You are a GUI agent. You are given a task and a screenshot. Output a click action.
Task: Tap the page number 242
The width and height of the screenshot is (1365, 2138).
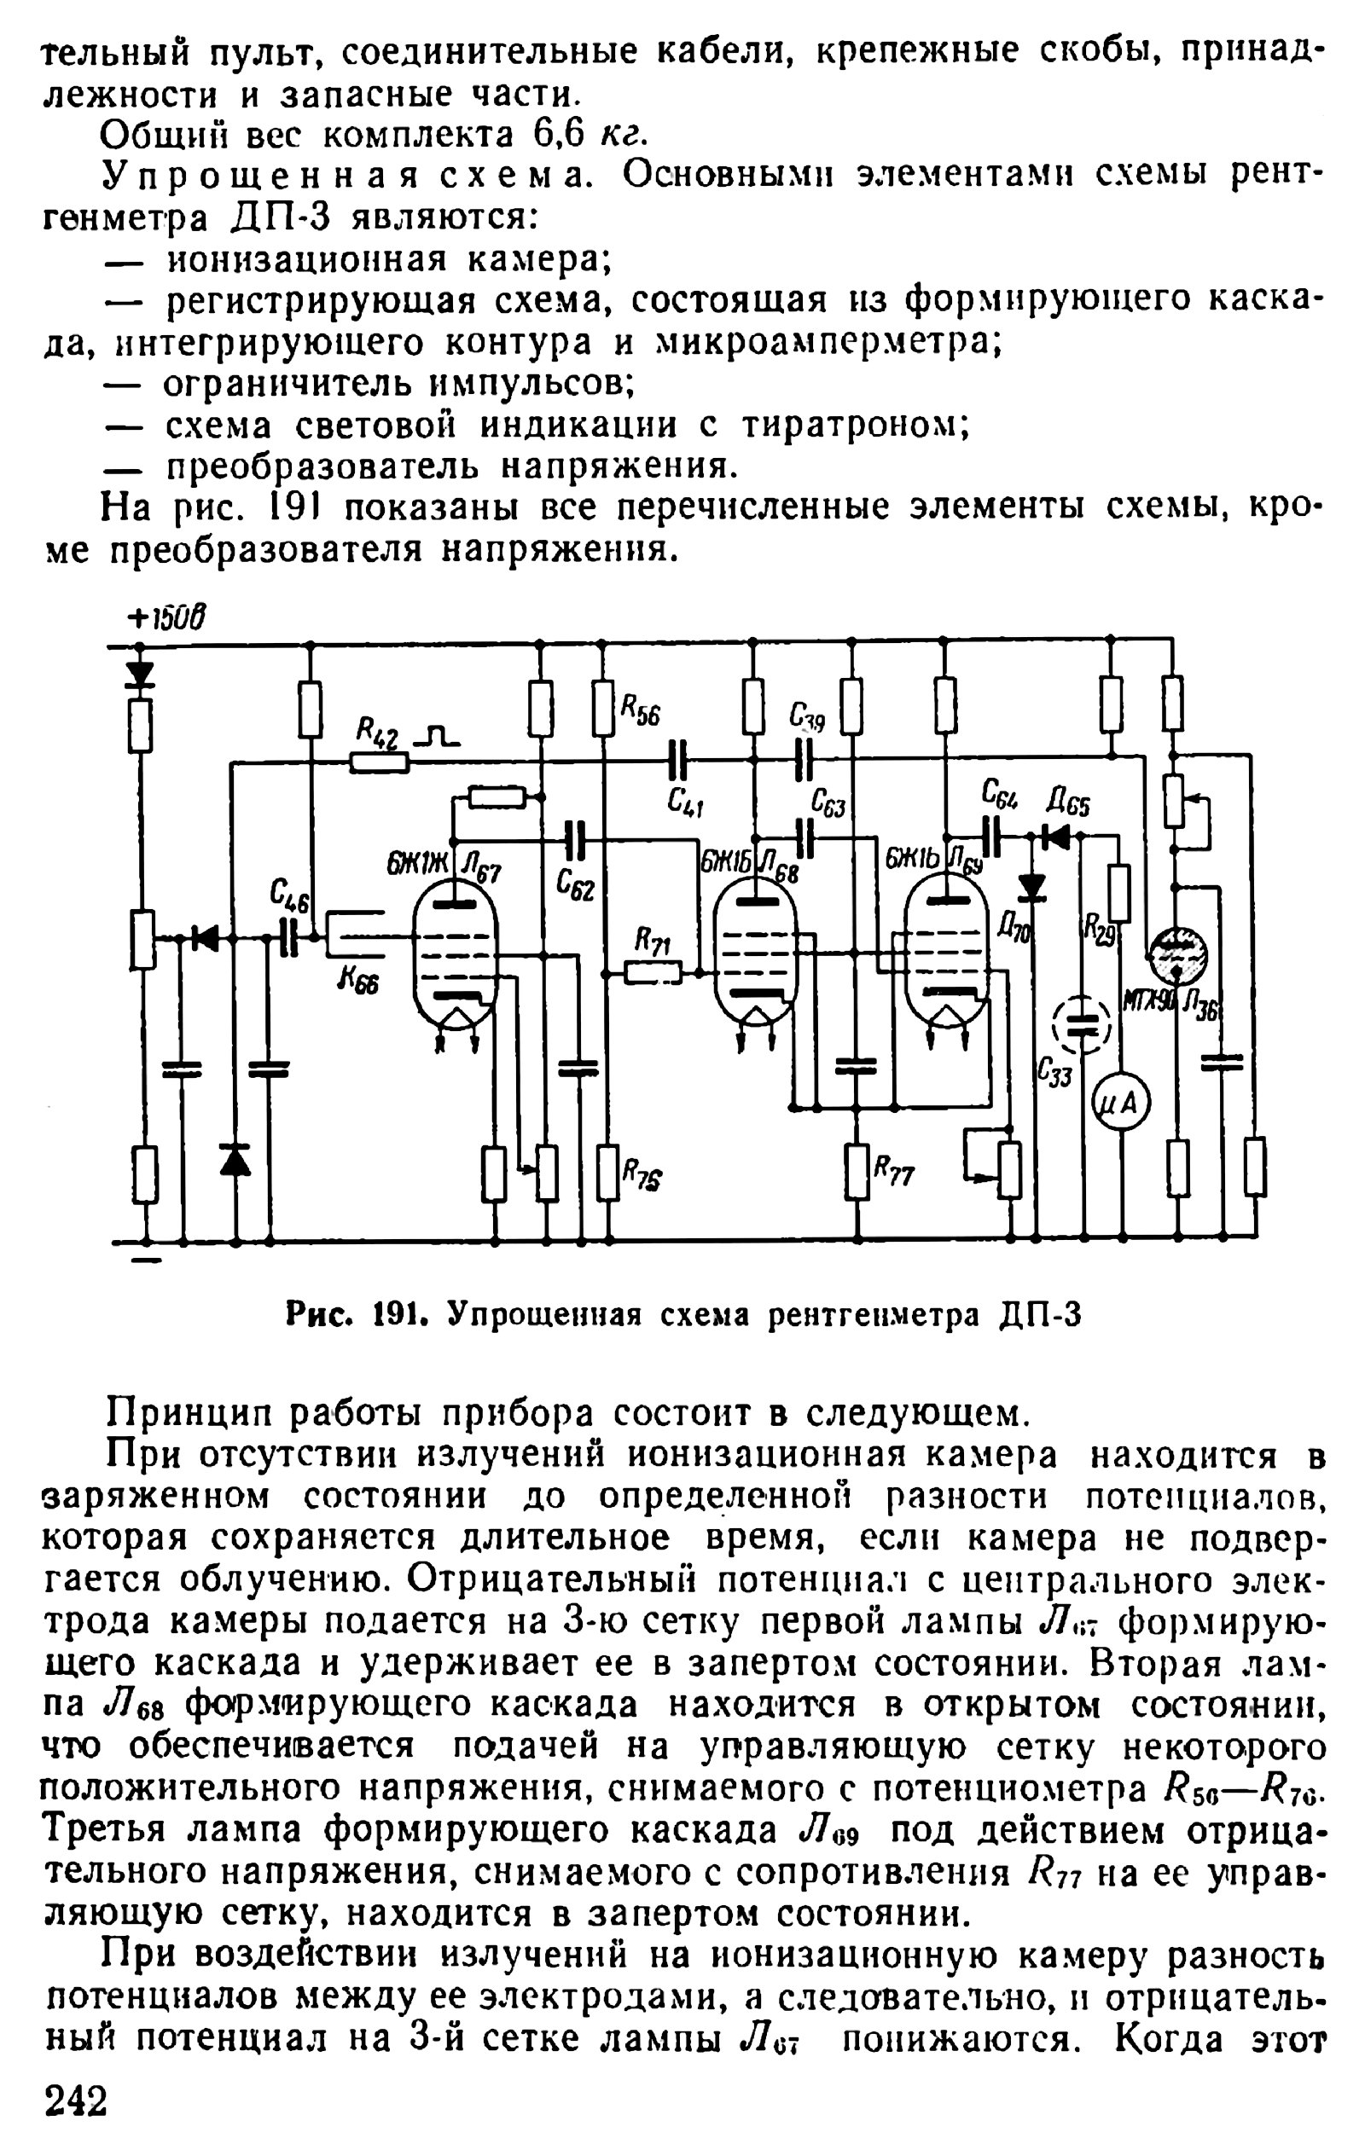77,2100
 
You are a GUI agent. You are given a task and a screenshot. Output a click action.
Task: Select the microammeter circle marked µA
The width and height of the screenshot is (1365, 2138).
1120,1104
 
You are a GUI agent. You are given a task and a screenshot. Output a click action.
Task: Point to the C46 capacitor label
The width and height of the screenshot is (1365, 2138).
289,895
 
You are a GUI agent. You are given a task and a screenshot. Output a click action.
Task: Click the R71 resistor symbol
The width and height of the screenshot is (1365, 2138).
653,973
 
